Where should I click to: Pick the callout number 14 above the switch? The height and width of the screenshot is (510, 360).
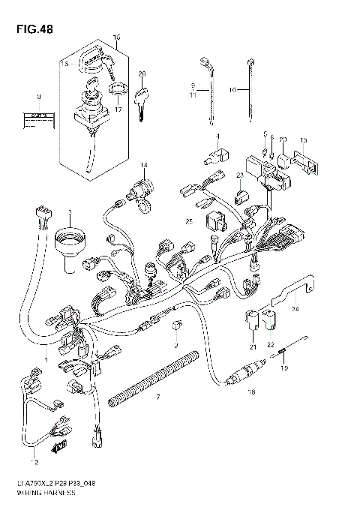point(143,164)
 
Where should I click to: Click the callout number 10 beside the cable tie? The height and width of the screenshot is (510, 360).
point(232,89)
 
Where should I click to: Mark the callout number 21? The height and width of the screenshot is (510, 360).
point(253,346)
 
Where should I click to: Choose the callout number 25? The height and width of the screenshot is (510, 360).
point(190,222)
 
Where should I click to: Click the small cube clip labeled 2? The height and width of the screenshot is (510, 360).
point(175,325)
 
